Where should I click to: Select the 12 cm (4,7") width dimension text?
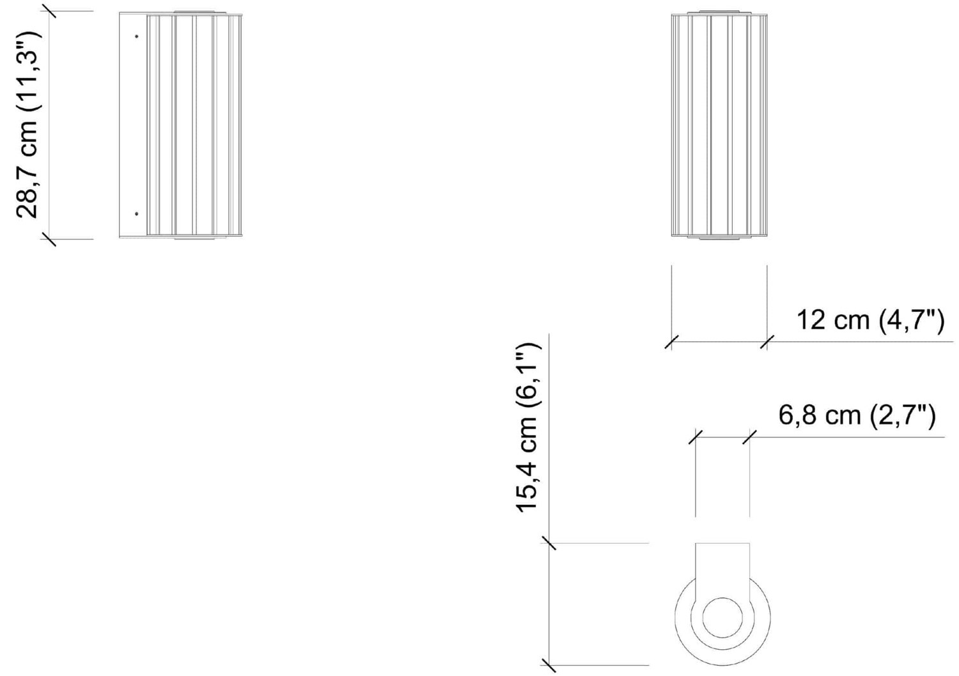tap(869, 320)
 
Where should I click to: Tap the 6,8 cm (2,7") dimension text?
tap(857, 415)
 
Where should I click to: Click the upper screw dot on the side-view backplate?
tap(137, 36)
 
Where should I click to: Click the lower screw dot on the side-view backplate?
tap(137, 213)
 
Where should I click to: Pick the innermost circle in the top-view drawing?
tap(722, 617)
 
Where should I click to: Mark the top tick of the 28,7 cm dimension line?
tap(49, 11)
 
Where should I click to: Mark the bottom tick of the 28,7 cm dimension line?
tap(49, 239)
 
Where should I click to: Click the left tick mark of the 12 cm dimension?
tap(671, 342)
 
